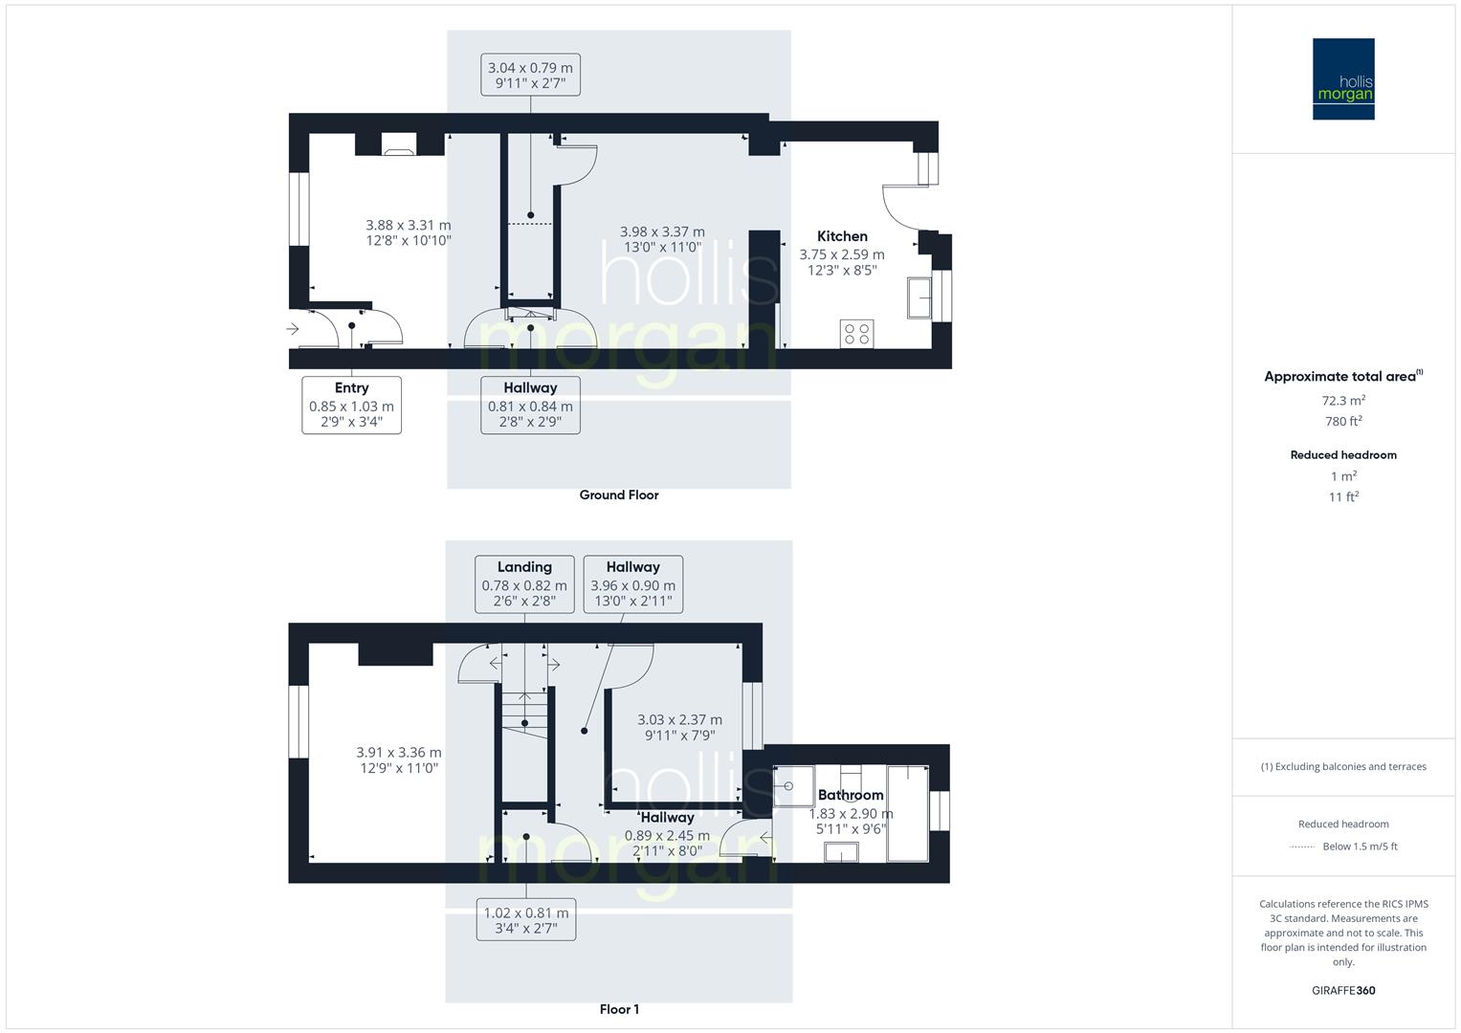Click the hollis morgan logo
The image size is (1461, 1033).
1342,78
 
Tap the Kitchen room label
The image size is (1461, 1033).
842,236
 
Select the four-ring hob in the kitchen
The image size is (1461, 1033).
856,334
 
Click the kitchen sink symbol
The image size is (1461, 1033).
919,298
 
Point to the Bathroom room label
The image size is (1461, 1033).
851,795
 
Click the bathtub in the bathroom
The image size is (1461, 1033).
908,813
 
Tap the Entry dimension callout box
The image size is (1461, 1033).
351,405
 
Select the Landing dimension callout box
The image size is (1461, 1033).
524,583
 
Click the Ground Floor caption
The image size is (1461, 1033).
619,495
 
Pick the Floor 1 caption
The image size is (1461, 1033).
619,1009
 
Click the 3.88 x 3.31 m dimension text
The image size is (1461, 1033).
409,226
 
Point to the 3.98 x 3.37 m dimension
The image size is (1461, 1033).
662,231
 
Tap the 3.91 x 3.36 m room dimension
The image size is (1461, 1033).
399,753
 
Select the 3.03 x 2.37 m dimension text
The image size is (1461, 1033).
679,719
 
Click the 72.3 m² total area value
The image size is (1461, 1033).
1343,400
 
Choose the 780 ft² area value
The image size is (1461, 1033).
1343,421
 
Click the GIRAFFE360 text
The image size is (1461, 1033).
1343,990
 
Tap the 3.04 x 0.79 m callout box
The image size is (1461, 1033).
530,75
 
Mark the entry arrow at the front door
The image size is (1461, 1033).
293,329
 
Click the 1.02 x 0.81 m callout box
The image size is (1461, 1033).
526,920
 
